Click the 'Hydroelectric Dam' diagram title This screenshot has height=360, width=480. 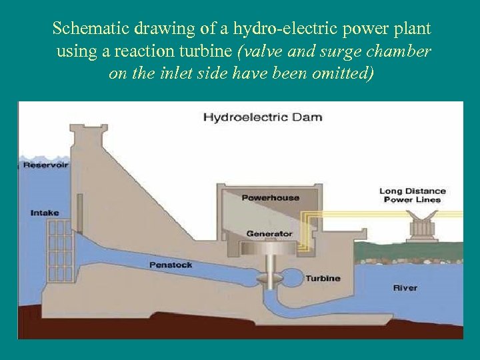click(262, 117)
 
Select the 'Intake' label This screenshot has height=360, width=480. click(45, 213)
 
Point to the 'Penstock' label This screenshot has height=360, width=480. click(171, 265)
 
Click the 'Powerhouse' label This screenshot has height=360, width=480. click(270, 197)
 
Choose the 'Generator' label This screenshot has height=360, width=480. click(269, 234)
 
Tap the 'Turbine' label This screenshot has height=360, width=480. click(323, 279)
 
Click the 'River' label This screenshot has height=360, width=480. click(405, 288)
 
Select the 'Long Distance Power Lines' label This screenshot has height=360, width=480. click(413, 195)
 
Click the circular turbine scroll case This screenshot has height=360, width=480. click(291, 276)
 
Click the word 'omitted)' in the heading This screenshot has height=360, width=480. click(339, 73)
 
